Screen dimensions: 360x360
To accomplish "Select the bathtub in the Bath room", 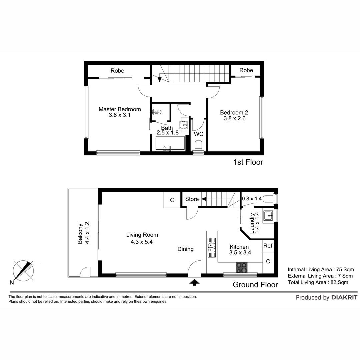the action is click(170, 143).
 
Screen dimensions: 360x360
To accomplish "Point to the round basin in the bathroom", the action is click(184, 125).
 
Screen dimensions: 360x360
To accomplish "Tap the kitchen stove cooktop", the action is click(242, 267).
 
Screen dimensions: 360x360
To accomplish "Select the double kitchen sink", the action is click(212, 247).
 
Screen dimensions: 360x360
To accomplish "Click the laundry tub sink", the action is click(268, 216).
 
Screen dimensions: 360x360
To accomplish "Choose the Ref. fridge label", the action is click(268, 246).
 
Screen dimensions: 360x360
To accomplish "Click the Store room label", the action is click(192, 199).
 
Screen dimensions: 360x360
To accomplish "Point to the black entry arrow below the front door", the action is click(194, 282).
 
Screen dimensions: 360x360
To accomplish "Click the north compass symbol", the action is click(23, 271).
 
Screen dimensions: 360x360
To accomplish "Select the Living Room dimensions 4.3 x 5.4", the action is click(142, 242).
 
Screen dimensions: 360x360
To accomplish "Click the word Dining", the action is click(186, 249).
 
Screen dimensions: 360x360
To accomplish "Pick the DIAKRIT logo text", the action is click(344, 298).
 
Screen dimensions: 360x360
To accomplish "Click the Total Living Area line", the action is click(318, 282).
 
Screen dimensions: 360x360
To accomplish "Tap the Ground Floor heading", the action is click(255, 285).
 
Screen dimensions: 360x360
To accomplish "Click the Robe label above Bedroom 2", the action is click(246, 70).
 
